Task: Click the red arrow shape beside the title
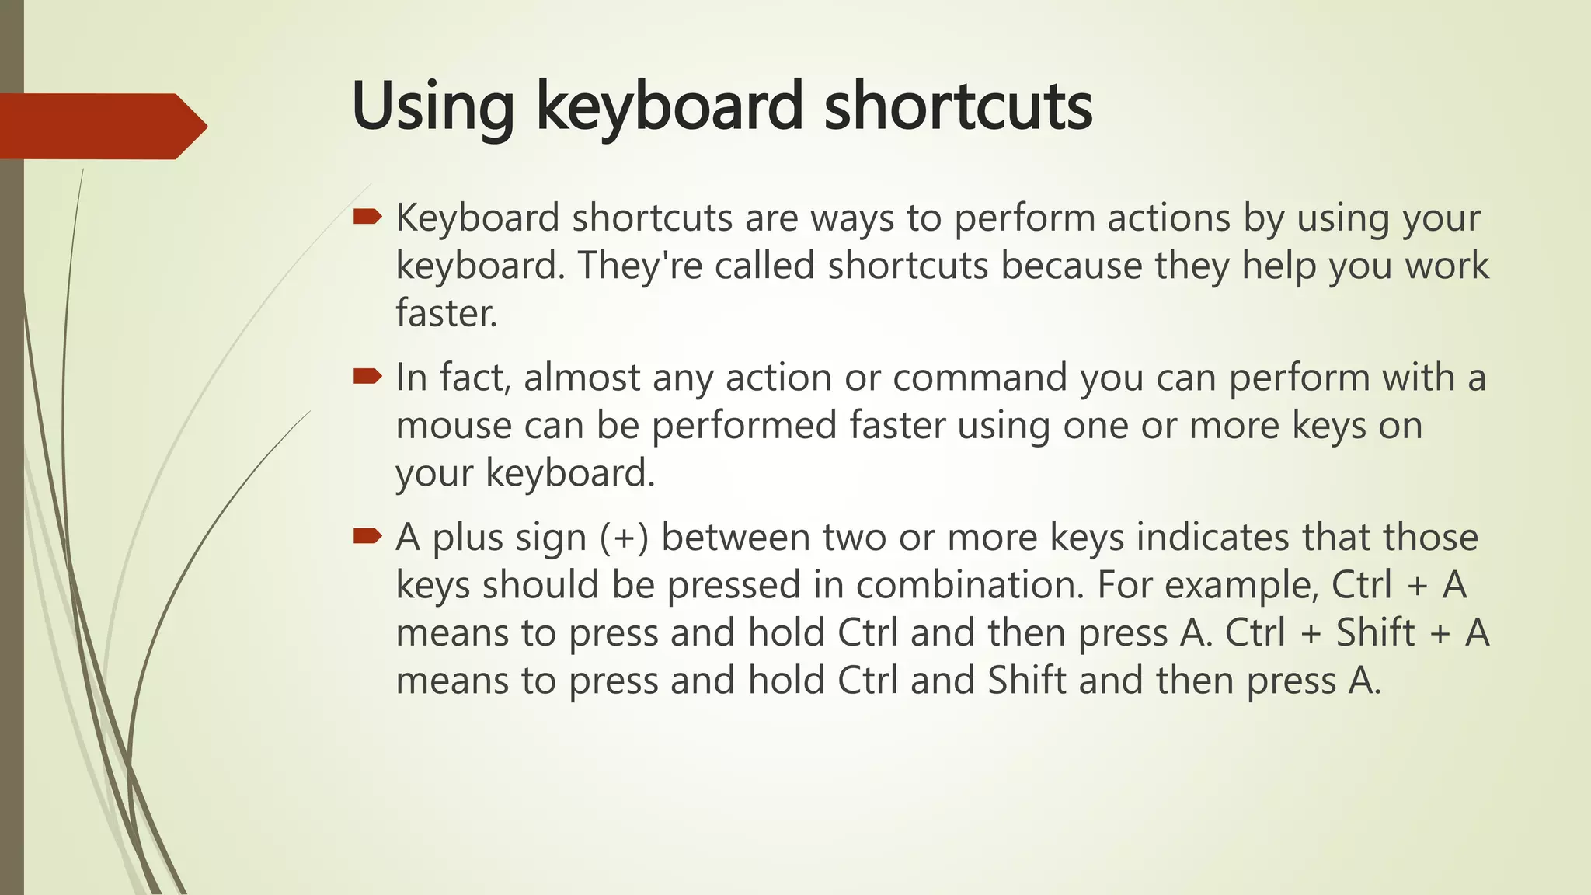pyautogui.click(x=101, y=126)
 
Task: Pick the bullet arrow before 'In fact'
pyautogui.click(x=367, y=377)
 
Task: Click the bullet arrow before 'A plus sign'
pyautogui.click(x=367, y=536)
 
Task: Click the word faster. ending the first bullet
pyautogui.click(x=446, y=313)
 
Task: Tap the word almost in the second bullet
pyautogui.click(x=581, y=378)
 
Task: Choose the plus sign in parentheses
pyautogui.click(x=624, y=538)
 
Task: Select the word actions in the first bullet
pyautogui.click(x=1168, y=218)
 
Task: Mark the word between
pyautogui.click(x=736, y=538)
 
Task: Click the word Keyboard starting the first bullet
pyautogui.click(x=478, y=218)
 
